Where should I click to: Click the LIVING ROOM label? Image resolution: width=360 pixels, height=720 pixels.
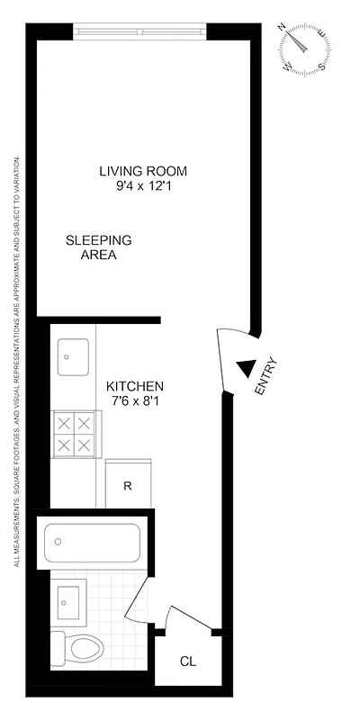[148, 171]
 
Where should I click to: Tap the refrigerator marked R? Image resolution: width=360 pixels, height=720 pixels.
[128, 486]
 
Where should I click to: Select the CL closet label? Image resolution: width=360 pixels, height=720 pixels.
[187, 662]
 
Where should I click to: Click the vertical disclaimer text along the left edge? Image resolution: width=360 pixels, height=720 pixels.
[17, 360]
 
